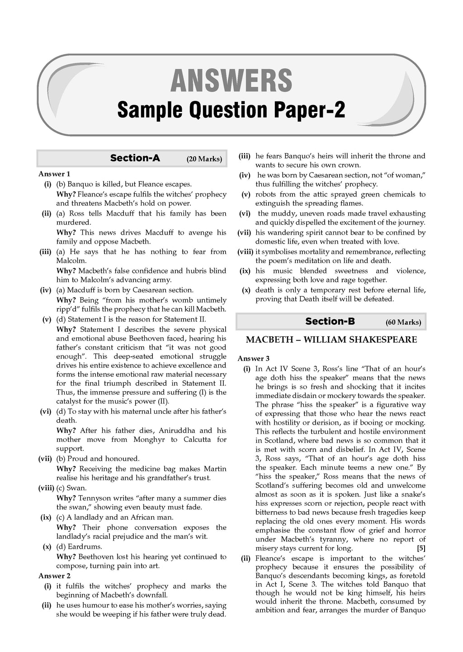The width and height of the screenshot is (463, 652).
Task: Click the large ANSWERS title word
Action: coord(231,81)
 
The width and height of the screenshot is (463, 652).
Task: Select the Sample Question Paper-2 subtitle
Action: coord(231,110)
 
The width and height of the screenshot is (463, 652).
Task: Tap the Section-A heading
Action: coord(135,158)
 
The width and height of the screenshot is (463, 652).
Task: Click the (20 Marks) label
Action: coord(204,159)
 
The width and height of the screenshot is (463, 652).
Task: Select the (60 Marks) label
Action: coord(403,322)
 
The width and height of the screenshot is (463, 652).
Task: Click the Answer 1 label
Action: coord(54,174)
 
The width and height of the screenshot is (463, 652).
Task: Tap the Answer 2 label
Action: coord(54,576)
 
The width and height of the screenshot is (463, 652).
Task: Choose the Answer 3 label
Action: coord(254,359)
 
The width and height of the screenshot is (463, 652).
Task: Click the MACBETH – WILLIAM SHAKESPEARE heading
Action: coord(331,340)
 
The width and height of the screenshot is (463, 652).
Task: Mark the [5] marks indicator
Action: coord(420,548)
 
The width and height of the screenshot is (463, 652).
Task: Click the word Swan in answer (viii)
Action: coord(76,488)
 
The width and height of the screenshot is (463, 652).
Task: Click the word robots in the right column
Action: coord(266,194)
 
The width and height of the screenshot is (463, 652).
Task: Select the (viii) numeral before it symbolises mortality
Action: coord(246,252)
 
